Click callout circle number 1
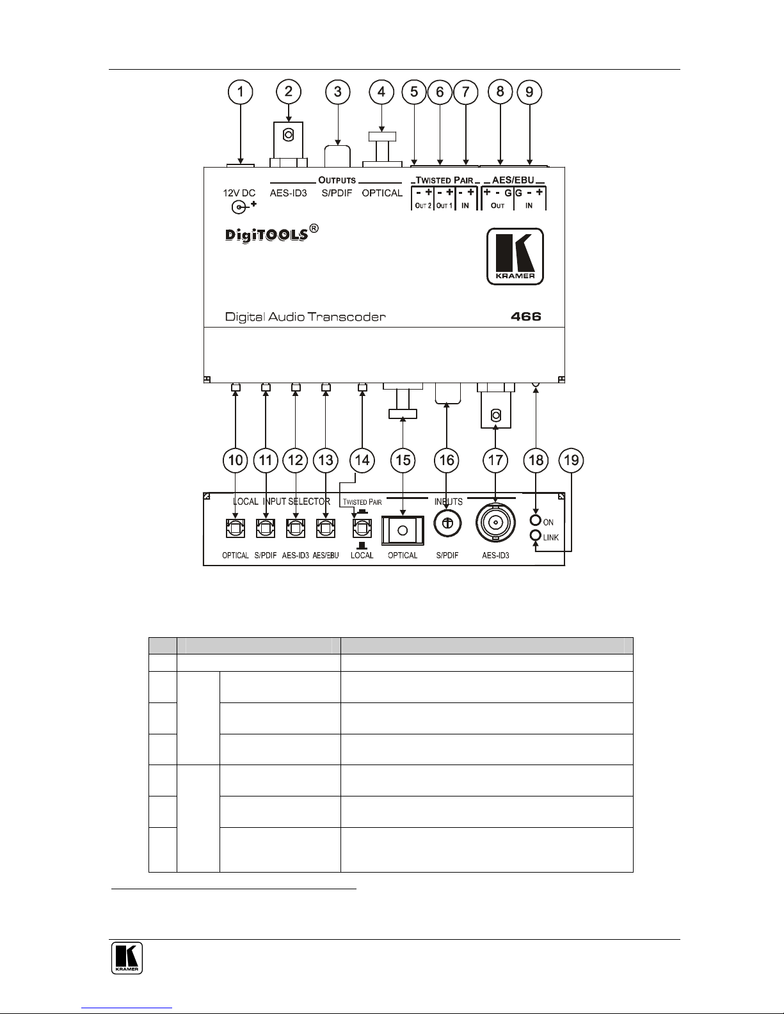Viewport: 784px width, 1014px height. tap(241, 92)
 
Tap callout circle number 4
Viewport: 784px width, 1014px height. tap(381, 92)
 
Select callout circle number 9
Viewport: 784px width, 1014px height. tap(529, 92)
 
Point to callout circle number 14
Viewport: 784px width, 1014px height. tap(362, 460)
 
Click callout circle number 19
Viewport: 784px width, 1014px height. tap(571, 460)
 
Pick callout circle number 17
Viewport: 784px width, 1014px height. tap(495, 460)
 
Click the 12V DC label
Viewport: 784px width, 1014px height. tap(239, 193)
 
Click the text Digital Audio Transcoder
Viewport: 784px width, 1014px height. tap(305, 317)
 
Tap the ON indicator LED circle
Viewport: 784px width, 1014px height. tap(536, 522)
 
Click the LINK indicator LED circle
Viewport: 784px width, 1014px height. tap(536, 536)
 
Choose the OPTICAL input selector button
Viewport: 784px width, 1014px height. tap(235, 528)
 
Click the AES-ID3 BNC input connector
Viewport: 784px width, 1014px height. tap(495, 524)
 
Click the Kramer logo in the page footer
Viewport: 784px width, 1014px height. tap(127, 958)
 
